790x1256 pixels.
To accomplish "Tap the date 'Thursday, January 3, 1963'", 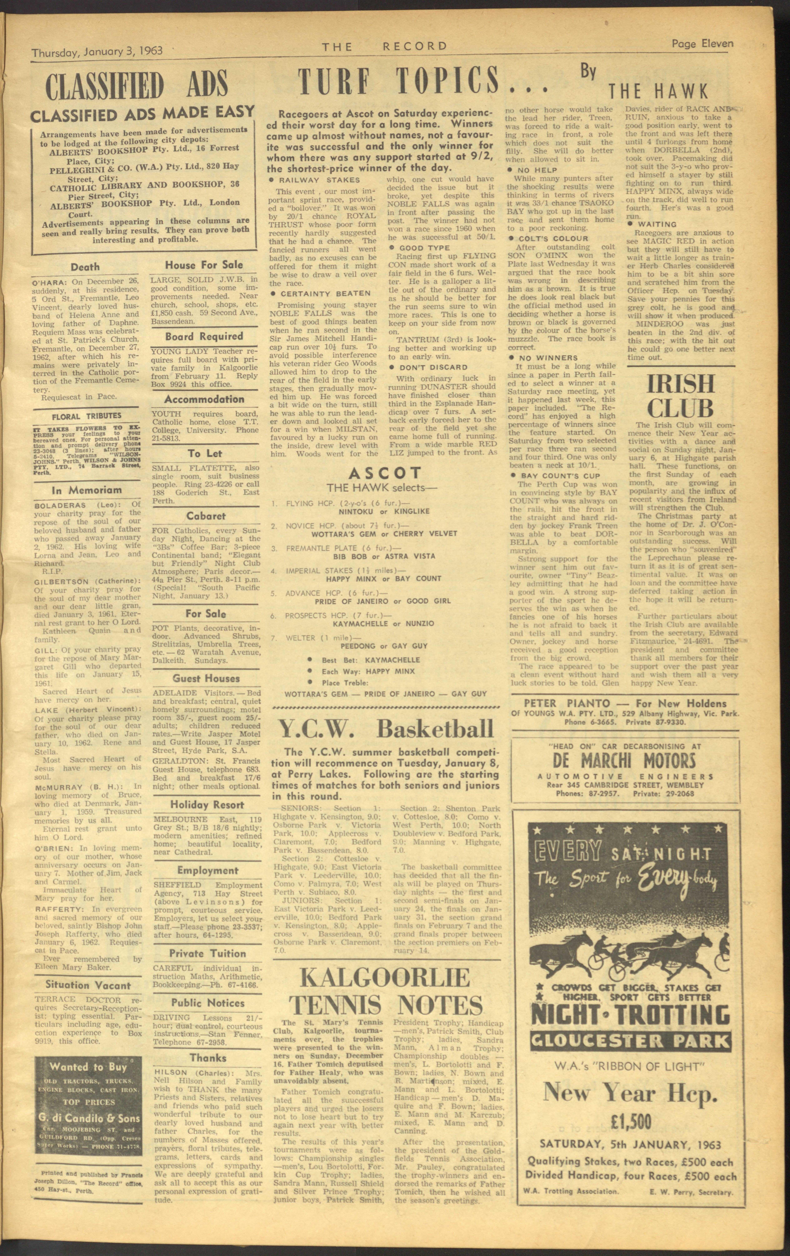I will [x=97, y=51].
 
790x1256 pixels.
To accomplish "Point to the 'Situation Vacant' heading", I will [x=88, y=985].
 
